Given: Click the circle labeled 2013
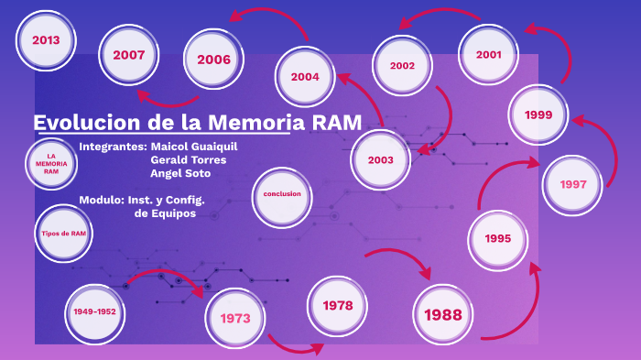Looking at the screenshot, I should (x=46, y=40).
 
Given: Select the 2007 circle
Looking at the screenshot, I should (x=129, y=55).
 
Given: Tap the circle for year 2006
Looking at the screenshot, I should (x=213, y=60).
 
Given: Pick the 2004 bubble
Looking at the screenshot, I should (x=305, y=77).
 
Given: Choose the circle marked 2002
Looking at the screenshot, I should (x=402, y=66).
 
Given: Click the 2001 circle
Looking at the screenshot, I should (x=489, y=54).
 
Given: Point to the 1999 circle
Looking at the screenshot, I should (x=538, y=115).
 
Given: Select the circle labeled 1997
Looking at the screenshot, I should (x=573, y=184).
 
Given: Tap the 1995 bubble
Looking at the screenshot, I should (x=498, y=238).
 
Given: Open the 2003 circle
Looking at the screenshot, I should (x=381, y=160).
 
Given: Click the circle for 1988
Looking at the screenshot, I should (x=443, y=314).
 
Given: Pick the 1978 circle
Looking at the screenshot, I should (x=338, y=304).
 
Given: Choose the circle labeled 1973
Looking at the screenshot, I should (x=235, y=318).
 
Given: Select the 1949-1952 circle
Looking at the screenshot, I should (x=94, y=312).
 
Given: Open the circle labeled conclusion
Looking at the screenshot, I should (x=282, y=194).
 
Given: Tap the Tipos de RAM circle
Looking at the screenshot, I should (x=64, y=234).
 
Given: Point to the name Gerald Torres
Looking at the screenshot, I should (x=194, y=160).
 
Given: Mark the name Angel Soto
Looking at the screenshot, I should (x=180, y=173).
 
